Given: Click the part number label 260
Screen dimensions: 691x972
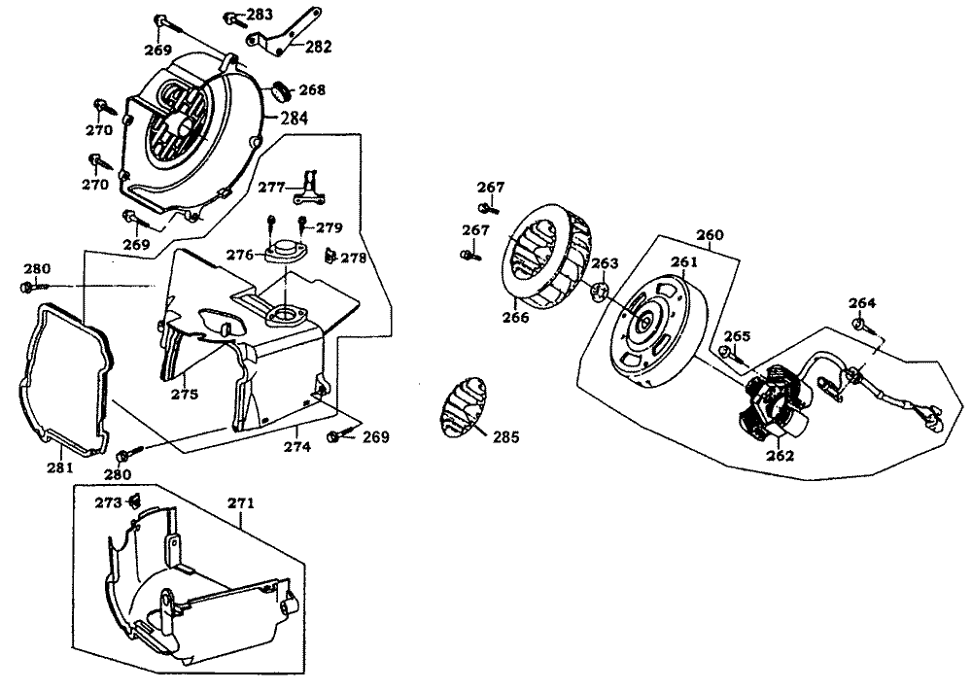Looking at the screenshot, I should tap(711, 235).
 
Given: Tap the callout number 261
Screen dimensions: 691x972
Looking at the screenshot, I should tap(684, 261).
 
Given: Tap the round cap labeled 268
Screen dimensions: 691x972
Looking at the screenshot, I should tap(281, 90).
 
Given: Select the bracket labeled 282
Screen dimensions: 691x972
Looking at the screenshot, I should tap(286, 33).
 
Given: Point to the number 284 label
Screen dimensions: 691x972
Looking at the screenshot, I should tap(295, 119).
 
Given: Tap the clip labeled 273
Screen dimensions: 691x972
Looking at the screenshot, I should tap(135, 501).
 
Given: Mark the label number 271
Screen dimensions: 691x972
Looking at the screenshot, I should tap(240, 503).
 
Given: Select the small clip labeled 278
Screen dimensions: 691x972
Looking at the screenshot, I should tap(330, 257).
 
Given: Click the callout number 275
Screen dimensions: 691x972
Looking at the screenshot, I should tap(185, 395).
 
